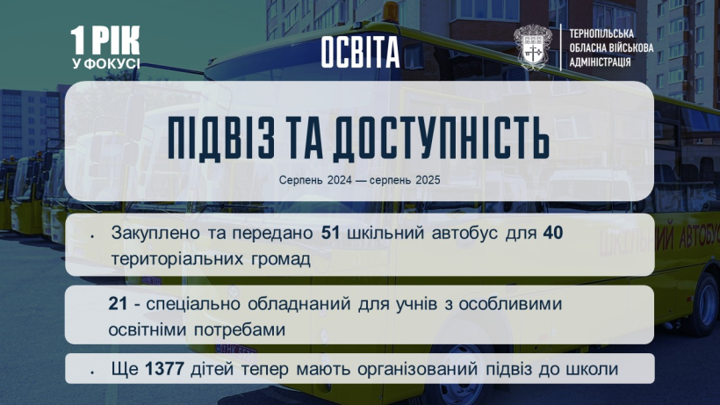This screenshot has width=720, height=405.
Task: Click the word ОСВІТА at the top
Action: tap(360, 52)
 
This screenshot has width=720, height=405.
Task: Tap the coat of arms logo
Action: tap(533, 47)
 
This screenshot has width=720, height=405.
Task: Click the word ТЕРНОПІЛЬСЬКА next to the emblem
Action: tap(601, 34)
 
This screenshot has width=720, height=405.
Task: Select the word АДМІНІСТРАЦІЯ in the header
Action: tap(600, 62)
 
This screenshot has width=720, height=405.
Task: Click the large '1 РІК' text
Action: tap(105, 40)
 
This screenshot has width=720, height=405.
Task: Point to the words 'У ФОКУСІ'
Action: tap(105, 63)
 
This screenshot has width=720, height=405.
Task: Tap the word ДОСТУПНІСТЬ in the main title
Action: tap(441, 139)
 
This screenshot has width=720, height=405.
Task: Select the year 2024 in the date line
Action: tap(339, 180)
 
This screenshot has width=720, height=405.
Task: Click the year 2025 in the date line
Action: tap(428, 180)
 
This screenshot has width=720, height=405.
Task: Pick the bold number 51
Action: tap(331, 233)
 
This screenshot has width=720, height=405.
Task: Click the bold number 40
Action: tap(553, 233)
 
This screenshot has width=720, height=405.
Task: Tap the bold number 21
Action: tap(118, 303)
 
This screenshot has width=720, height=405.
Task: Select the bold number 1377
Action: tap(165, 369)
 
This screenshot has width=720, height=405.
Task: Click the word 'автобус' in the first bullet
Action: tap(464, 233)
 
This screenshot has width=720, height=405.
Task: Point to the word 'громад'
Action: tap(281, 259)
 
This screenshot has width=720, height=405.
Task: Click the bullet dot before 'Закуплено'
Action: tap(92, 236)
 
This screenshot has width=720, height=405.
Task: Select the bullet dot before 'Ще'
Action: tap(92, 372)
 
